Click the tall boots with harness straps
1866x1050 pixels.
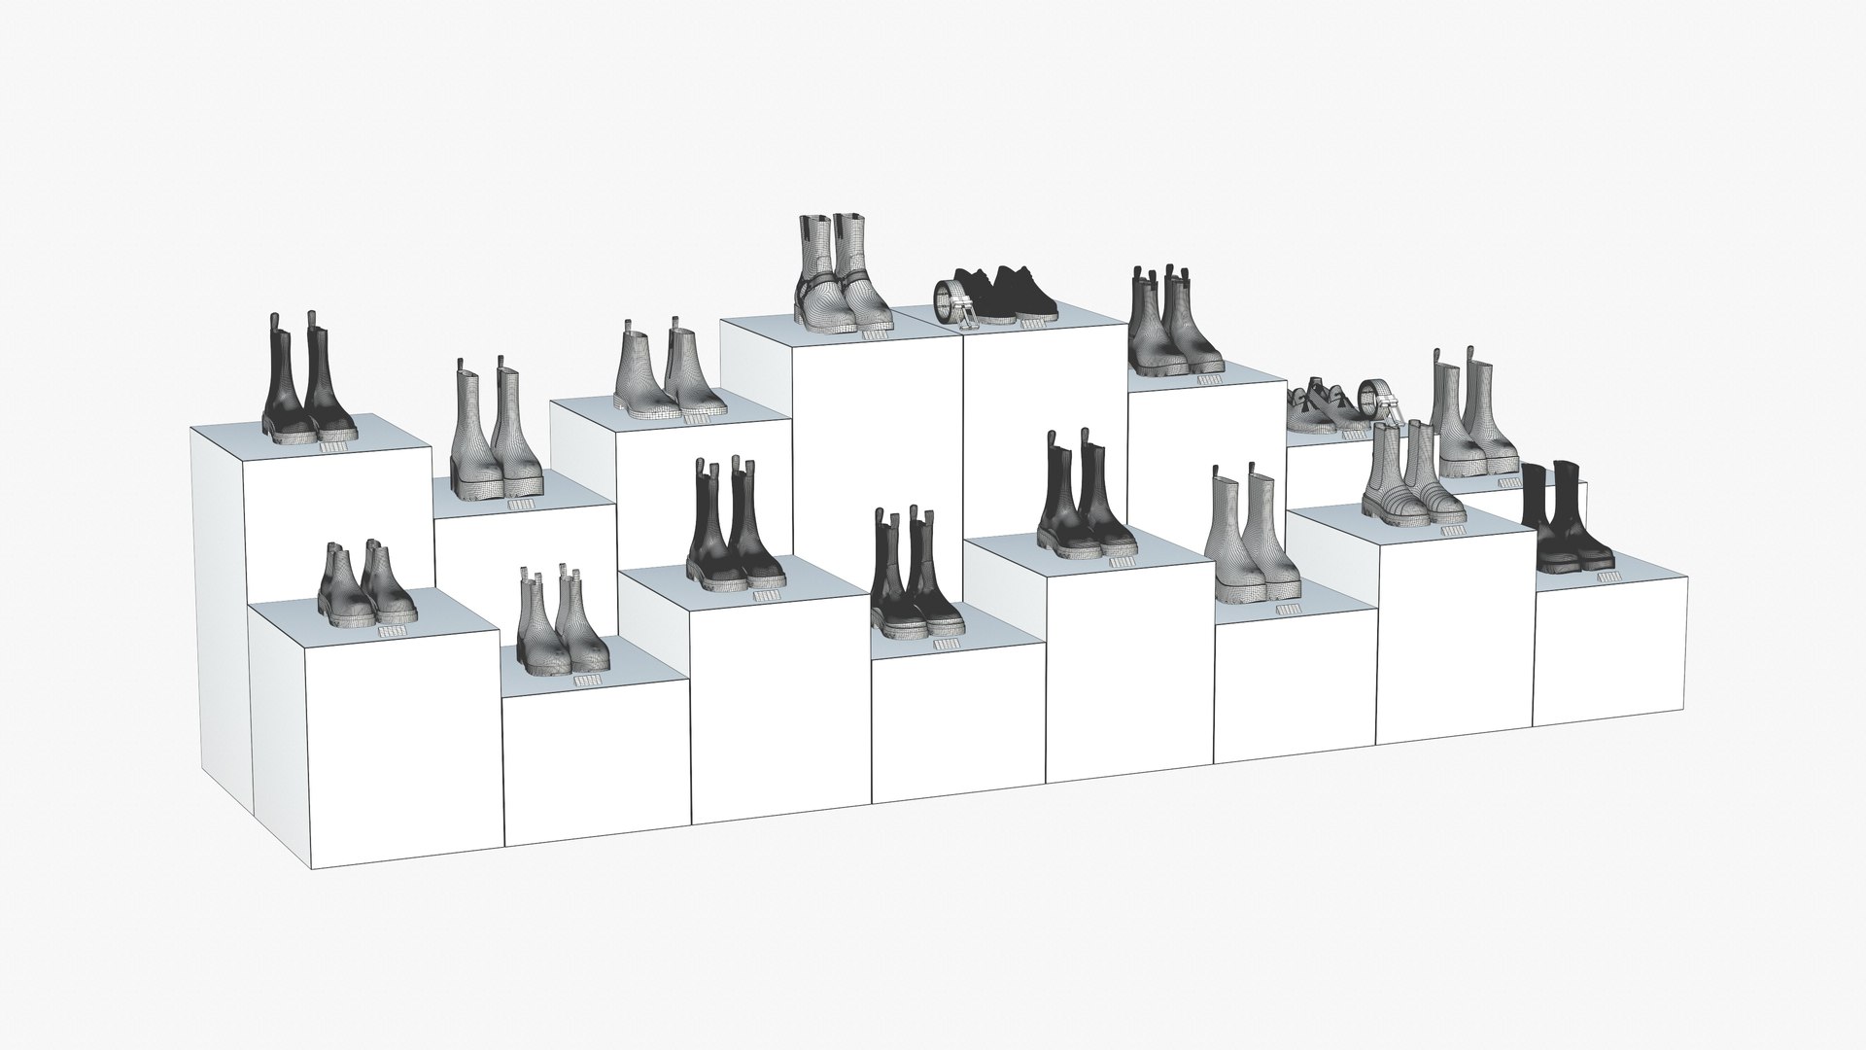840,277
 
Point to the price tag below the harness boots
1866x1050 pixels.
877,335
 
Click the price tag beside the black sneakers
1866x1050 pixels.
1031,324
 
